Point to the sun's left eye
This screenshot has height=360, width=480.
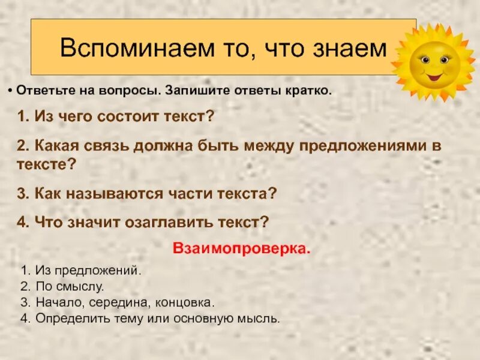tap(425, 60)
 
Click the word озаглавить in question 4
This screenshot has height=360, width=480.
tap(166, 222)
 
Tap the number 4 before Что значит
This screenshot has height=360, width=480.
tap(22, 222)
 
